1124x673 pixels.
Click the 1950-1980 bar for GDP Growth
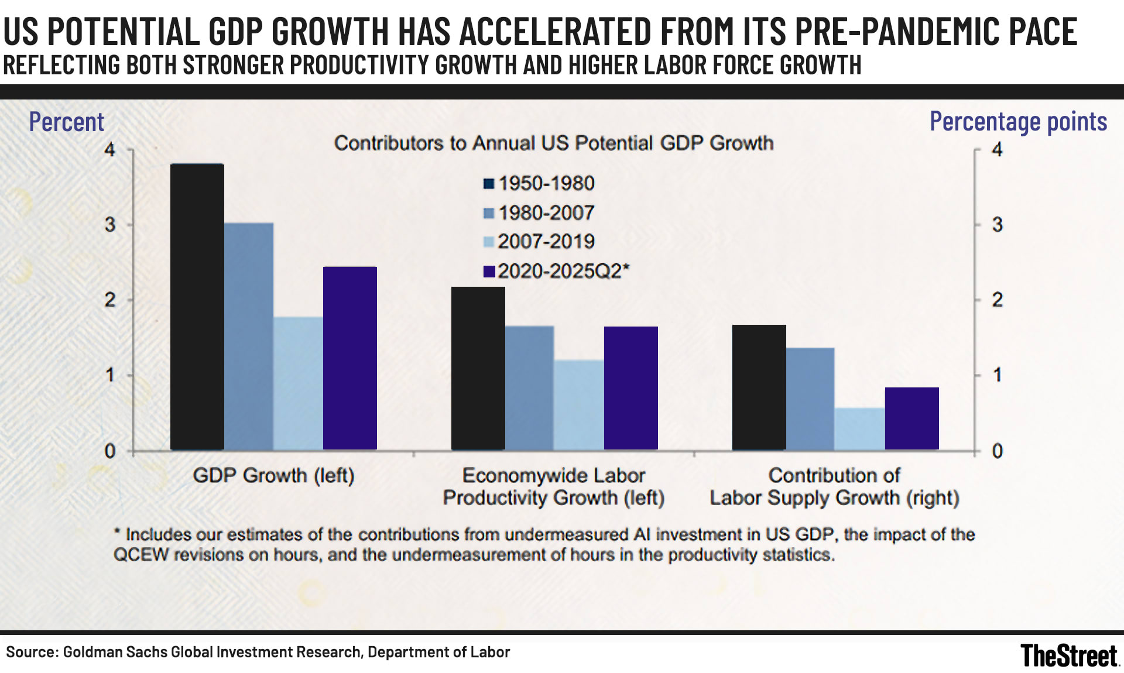197,307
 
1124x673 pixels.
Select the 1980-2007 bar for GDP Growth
249,336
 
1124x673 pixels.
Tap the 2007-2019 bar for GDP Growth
298,383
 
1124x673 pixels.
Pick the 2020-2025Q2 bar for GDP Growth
350,358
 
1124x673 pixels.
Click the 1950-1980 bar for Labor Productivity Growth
478,368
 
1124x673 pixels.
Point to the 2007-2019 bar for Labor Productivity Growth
579,404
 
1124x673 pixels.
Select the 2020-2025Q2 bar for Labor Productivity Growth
631,388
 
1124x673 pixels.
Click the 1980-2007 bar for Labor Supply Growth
810,399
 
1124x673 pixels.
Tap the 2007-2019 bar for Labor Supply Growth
860,428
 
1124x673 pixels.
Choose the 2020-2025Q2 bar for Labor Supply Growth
912,418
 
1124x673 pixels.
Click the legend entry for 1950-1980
539,184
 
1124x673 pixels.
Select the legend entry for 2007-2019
539,242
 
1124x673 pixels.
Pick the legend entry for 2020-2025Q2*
556,271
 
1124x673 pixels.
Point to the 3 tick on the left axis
110,225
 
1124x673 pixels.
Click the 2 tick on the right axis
998,300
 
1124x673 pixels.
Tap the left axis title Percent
66,122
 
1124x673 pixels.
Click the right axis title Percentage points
1018,122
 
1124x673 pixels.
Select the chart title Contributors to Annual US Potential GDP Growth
553,143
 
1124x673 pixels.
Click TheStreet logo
1069,655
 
